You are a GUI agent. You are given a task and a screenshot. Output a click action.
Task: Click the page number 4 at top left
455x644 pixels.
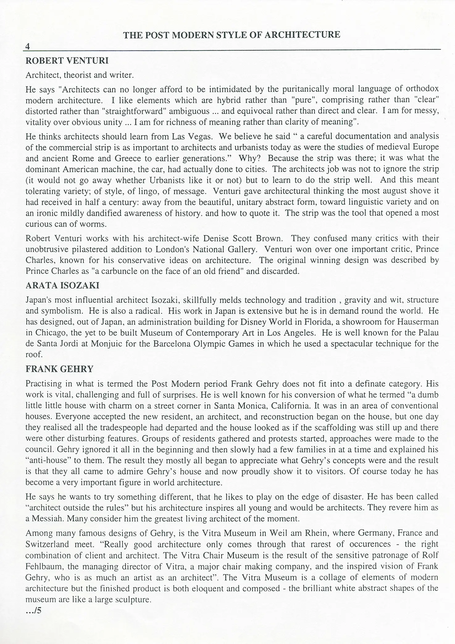pos(27,46)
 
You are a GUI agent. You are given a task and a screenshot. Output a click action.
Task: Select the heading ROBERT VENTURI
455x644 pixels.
pos(67,61)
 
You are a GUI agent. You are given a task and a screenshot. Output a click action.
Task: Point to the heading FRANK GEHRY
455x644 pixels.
pos(59,369)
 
